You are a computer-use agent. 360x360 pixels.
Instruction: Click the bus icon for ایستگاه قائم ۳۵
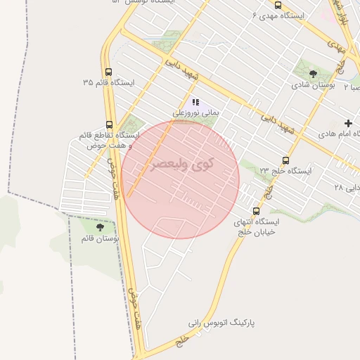coord(108,71)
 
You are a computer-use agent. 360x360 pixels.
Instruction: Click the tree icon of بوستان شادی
coord(314,73)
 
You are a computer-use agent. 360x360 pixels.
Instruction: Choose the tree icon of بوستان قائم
coord(99,227)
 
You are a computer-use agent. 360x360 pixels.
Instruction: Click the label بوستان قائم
coord(100,239)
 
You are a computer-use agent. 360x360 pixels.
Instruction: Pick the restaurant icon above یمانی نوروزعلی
coord(195,102)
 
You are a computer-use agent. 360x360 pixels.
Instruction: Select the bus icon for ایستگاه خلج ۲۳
coord(285,160)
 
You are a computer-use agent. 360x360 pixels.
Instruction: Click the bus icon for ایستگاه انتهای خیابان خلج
coord(255,210)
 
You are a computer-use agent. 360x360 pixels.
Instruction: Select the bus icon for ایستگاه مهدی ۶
coord(278,5)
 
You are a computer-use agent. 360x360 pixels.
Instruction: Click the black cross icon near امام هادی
coord(349,123)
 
